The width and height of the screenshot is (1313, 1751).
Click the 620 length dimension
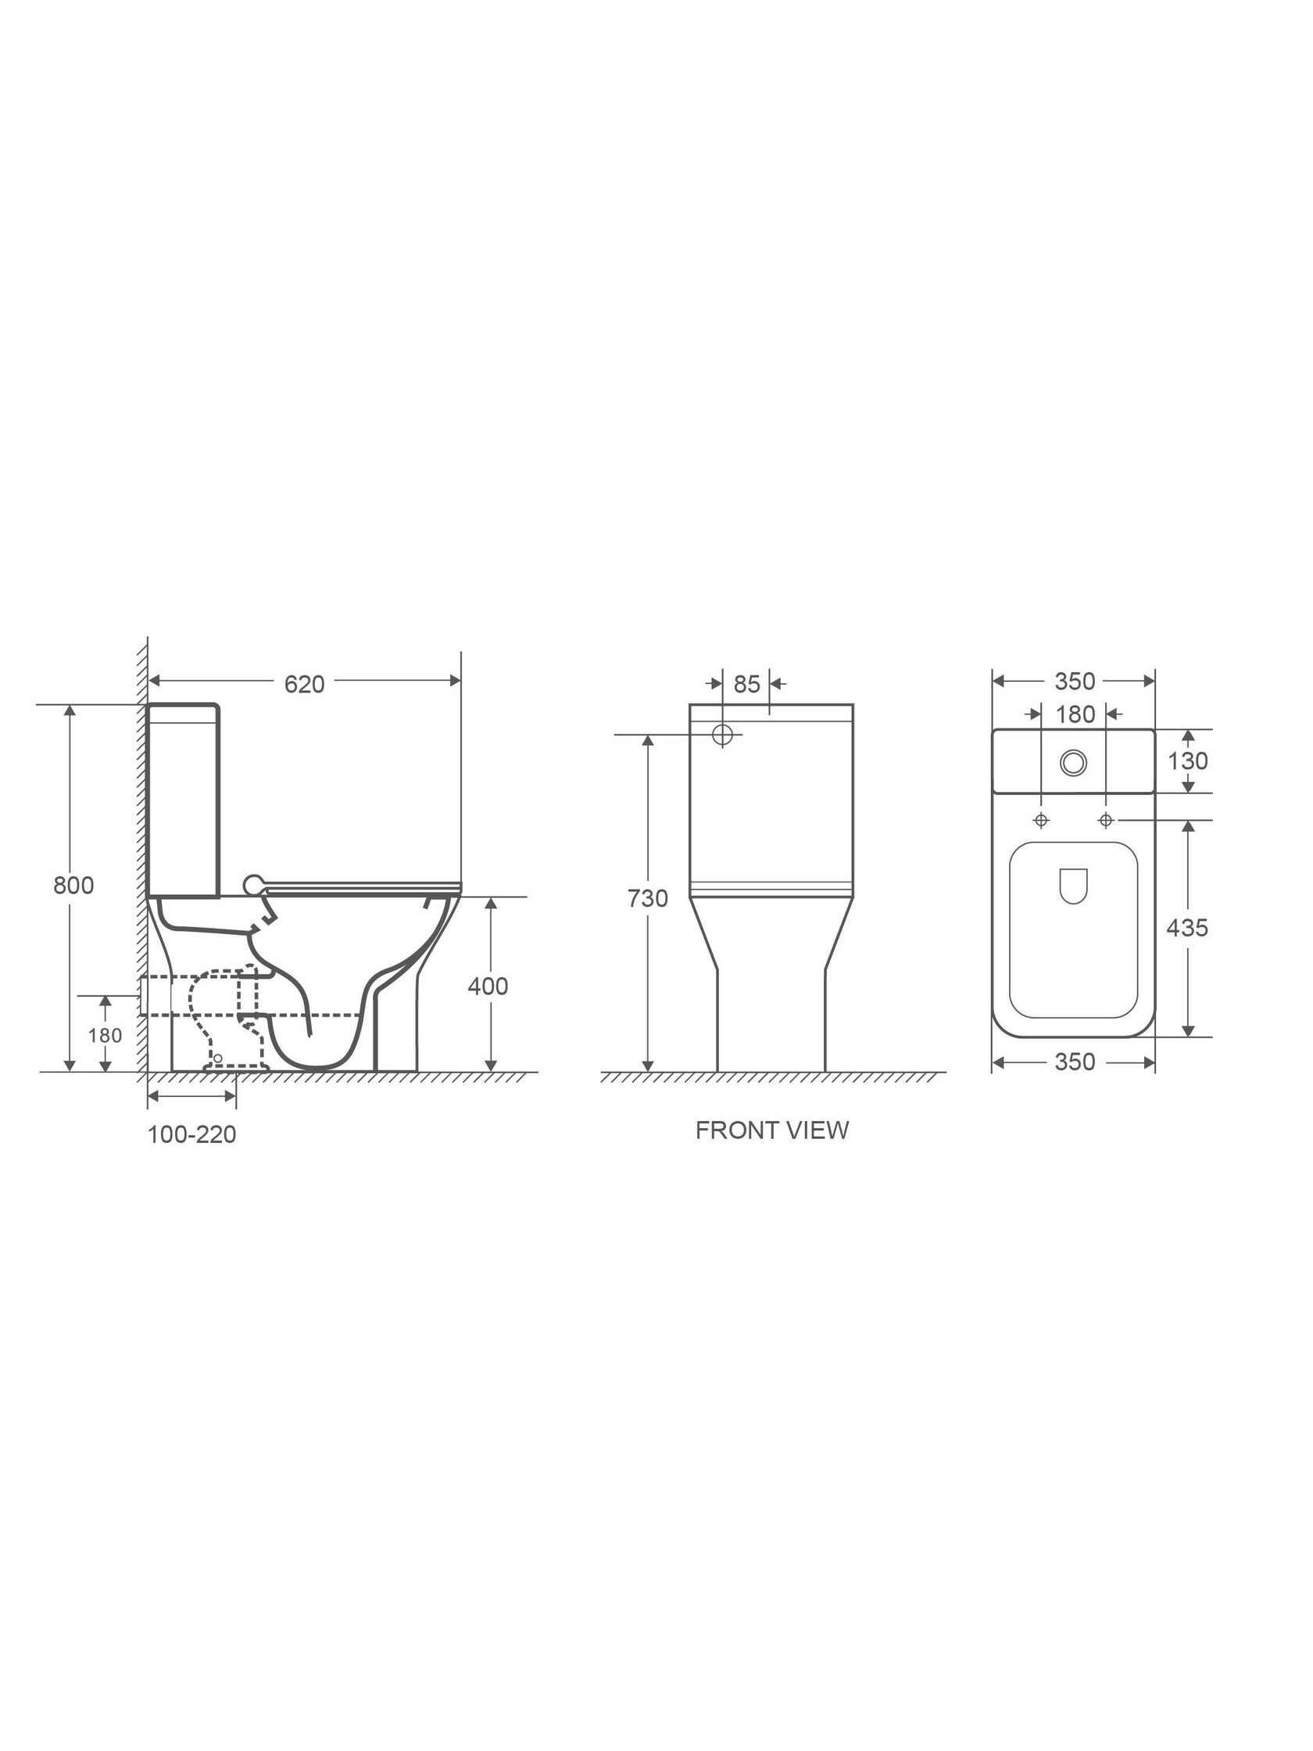click(305, 684)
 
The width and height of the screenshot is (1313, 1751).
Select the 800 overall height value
click(73, 885)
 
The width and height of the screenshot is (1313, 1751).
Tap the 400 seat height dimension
click(488, 987)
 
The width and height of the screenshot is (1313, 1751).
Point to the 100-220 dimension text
click(191, 1135)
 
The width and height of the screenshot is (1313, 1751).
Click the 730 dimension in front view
click(648, 898)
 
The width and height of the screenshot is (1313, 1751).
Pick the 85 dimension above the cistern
click(746, 684)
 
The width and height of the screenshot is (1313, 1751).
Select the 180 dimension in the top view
click(1075, 714)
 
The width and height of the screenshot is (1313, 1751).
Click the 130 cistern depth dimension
click(1188, 761)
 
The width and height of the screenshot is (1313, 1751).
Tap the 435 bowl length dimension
click(1187, 928)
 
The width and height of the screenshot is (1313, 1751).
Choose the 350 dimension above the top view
click(1075, 681)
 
